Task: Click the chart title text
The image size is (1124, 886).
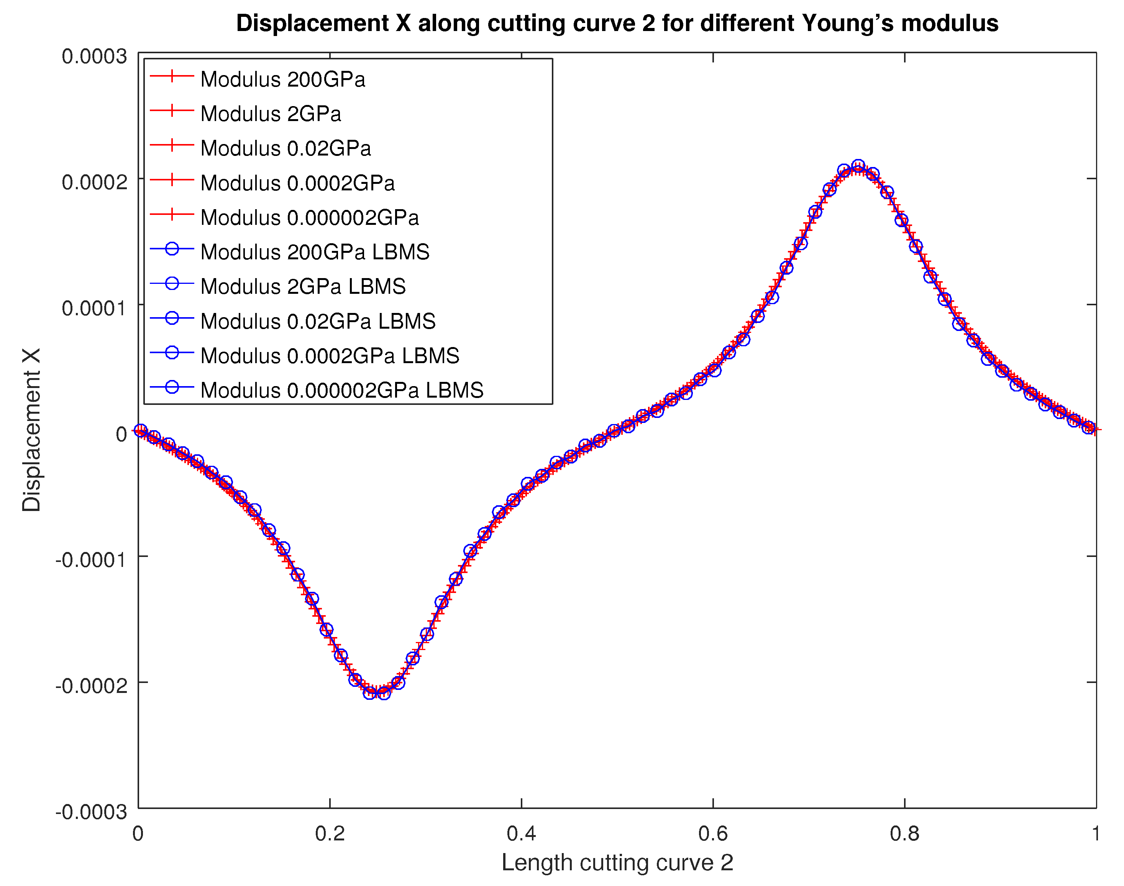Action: pyautogui.click(x=617, y=23)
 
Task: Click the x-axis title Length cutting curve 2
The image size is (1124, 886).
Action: pyautogui.click(x=617, y=863)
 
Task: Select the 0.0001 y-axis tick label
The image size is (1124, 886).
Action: pyautogui.click(x=94, y=308)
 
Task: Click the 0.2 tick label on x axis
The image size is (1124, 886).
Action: pyautogui.click(x=330, y=834)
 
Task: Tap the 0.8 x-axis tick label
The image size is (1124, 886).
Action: pyautogui.click(x=904, y=834)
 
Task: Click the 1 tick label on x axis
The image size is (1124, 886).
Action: pyautogui.click(x=1096, y=834)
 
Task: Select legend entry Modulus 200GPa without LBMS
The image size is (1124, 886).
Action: pyautogui.click(x=283, y=79)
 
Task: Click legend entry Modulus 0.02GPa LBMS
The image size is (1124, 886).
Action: pyautogui.click(x=318, y=321)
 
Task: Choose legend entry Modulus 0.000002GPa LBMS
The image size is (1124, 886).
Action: pyautogui.click(x=341, y=390)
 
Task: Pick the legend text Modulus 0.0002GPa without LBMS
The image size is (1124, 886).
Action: pyautogui.click(x=297, y=183)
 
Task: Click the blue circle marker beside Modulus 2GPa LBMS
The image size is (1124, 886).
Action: pyautogui.click(x=172, y=283)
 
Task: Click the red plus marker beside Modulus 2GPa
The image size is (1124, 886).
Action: pyautogui.click(x=172, y=110)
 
